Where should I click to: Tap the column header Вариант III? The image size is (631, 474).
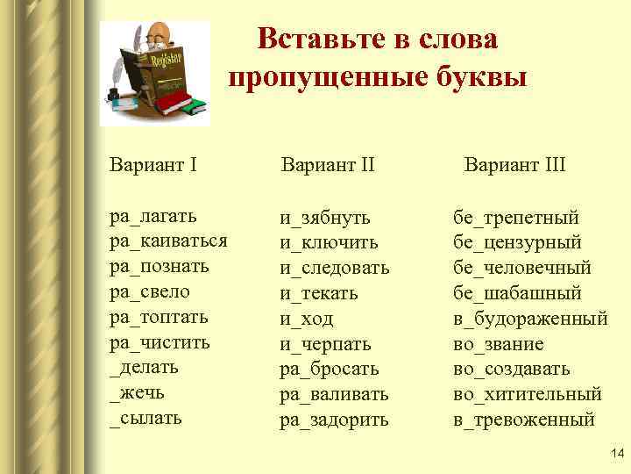tap(514, 164)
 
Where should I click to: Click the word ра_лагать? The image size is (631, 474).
tap(153, 216)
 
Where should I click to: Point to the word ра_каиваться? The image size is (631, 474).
tap(168, 241)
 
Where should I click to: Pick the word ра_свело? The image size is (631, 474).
tap(149, 291)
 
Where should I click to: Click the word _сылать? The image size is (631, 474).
tap(145, 418)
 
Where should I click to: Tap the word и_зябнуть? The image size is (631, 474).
tap(325, 216)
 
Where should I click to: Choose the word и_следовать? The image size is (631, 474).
tap(335, 267)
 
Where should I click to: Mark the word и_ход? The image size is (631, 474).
tap(307, 318)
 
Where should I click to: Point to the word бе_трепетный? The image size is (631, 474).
tap(516, 216)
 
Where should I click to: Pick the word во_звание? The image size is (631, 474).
tap(499, 343)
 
